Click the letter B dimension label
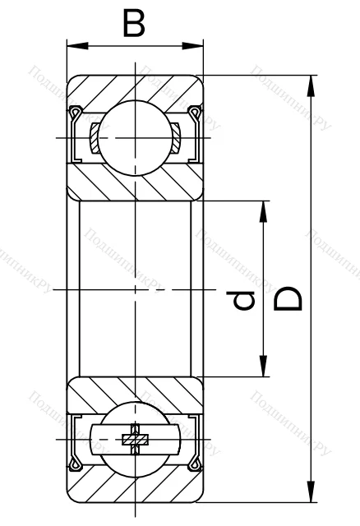click(x=134, y=23)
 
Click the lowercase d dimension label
click(x=242, y=303)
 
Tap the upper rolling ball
click(x=135, y=136)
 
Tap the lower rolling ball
click(x=135, y=440)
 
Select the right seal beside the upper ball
click(x=195, y=136)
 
